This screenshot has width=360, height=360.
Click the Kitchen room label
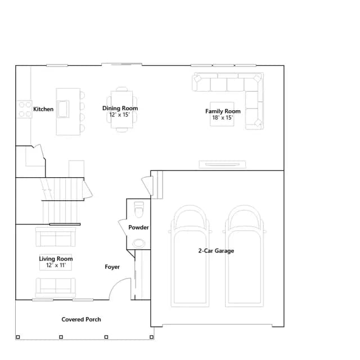(43, 109)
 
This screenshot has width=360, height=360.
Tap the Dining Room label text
(120, 108)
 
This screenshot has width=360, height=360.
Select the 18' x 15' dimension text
(223, 118)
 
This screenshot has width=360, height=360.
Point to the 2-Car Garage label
(216, 251)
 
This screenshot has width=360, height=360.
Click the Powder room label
(138, 227)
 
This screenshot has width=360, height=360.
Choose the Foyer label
(112, 267)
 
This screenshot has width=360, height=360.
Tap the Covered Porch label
(81, 319)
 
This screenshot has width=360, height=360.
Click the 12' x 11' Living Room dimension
(56, 265)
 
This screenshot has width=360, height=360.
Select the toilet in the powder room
(139, 209)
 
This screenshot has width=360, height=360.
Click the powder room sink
(139, 243)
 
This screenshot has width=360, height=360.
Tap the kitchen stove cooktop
(25, 109)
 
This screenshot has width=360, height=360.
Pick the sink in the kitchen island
(63, 109)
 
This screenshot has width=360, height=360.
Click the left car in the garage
(190, 256)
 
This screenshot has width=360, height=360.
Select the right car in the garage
(244, 256)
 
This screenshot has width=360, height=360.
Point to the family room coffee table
(222, 114)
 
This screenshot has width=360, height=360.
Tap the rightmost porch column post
(151, 337)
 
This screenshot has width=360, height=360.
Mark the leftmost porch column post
(18, 337)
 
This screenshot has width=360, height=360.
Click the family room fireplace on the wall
(222, 164)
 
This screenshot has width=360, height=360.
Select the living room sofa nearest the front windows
(56, 287)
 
